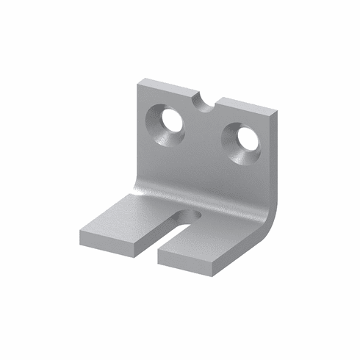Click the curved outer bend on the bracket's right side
pos(269,213)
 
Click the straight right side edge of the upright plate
pos(276,154)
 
